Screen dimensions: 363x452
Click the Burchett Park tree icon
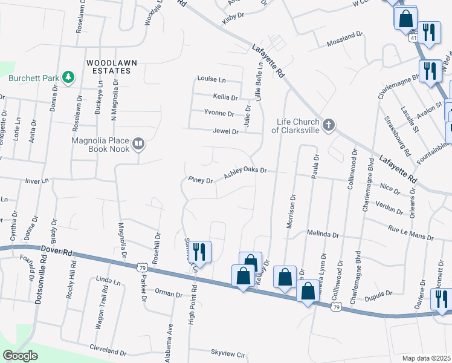69,77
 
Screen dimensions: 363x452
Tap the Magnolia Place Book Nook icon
138,143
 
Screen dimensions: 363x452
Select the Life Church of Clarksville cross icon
328,125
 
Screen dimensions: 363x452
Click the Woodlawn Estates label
112,67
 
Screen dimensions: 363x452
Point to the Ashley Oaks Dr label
245,172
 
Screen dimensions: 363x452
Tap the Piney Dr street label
201,180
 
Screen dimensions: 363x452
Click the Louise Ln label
211,79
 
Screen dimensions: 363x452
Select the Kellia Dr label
225,97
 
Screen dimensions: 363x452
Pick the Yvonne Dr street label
219,113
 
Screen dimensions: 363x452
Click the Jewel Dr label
226,131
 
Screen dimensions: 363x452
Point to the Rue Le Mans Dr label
410,234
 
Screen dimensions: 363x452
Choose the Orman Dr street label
169,294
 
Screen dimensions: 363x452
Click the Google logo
20,356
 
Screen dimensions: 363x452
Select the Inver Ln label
36,181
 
